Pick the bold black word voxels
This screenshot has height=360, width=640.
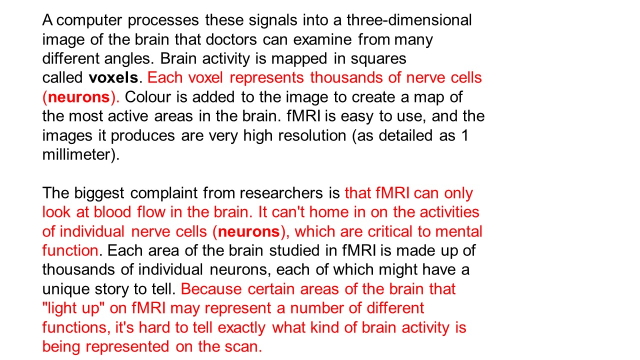[x=113, y=78]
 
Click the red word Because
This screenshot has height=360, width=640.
[x=212, y=289]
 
